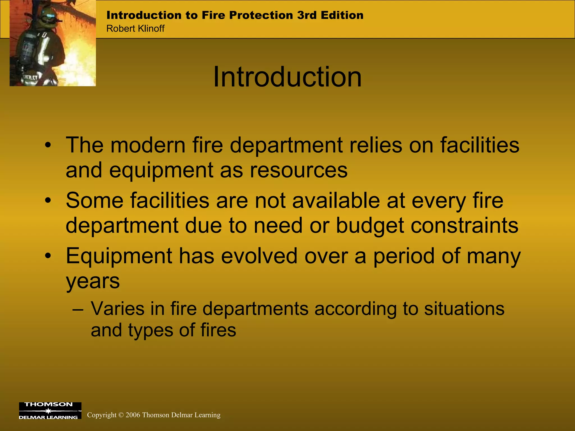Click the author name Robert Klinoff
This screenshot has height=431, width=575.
135,29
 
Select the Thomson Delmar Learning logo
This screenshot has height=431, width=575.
50,411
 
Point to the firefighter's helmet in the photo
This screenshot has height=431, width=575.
48,14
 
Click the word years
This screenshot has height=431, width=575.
93,281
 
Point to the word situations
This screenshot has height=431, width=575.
464,309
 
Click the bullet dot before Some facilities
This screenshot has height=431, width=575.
48,201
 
